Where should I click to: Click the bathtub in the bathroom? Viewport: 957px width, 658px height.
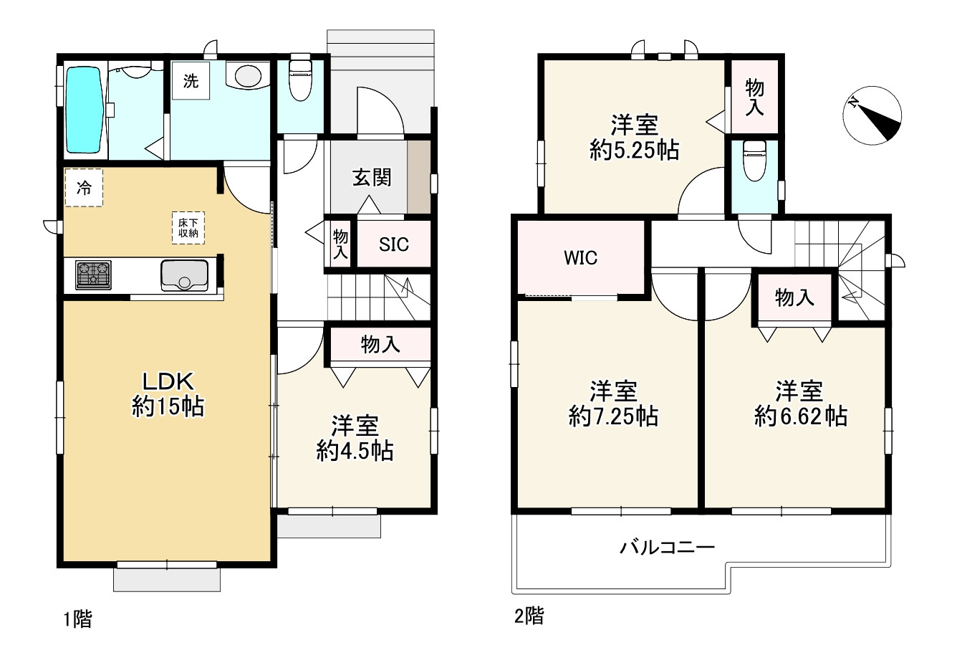(x=85, y=110)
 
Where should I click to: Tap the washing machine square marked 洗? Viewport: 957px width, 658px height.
(x=190, y=82)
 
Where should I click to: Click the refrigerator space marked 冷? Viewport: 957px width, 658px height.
(x=84, y=188)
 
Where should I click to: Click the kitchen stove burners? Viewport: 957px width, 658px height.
(x=94, y=275)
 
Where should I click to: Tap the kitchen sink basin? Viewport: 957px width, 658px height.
(x=184, y=275)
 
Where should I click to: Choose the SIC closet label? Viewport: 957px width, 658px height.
(x=393, y=244)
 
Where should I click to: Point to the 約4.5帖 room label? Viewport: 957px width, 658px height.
(x=355, y=439)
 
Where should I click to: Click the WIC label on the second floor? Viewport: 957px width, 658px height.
(x=580, y=258)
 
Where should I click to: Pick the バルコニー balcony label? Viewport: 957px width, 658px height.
(x=666, y=548)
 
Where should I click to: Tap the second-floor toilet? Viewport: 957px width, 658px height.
(x=754, y=162)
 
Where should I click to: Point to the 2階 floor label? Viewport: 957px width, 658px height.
(x=529, y=615)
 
